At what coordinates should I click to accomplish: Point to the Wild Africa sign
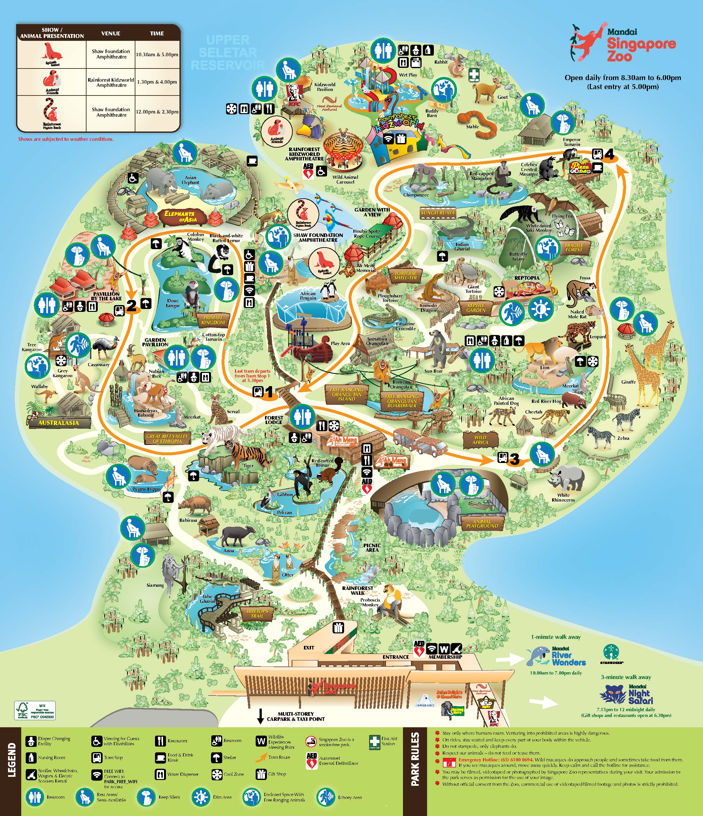(x=480, y=439)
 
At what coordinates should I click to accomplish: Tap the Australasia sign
(x=59, y=422)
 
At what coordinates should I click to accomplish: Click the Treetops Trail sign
(x=257, y=613)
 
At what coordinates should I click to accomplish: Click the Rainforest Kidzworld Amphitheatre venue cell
(x=111, y=82)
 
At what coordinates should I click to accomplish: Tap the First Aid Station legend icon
(x=374, y=742)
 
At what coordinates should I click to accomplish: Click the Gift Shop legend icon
(x=261, y=774)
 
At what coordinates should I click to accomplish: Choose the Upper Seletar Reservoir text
(x=228, y=52)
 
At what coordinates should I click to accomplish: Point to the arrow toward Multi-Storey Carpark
(x=260, y=716)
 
